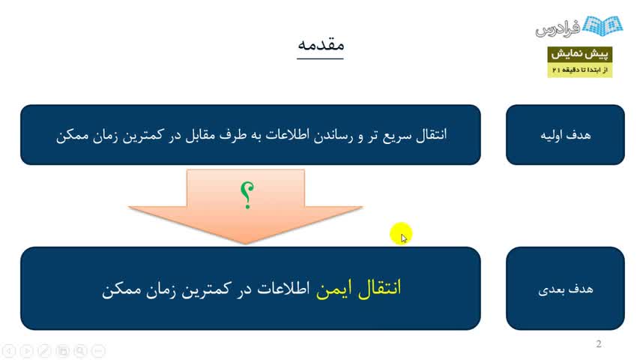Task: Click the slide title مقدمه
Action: tap(321, 44)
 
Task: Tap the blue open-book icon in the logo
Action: tap(603, 25)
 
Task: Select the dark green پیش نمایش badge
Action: tap(579, 54)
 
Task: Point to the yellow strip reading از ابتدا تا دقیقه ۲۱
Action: tap(579, 70)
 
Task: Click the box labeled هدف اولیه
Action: tap(565, 135)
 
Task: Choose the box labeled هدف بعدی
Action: tap(565, 289)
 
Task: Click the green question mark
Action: tap(247, 195)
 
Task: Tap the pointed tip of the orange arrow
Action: tap(246, 244)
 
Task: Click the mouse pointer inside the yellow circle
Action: tap(404, 238)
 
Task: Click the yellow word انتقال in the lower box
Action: tap(380, 288)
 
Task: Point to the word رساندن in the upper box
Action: tap(332, 135)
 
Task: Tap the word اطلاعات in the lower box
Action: tap(283, 289)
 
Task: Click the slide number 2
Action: tap(598, 343)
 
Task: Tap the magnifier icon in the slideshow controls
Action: tap(80, 350)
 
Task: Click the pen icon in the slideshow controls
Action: tap(44, 350)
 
